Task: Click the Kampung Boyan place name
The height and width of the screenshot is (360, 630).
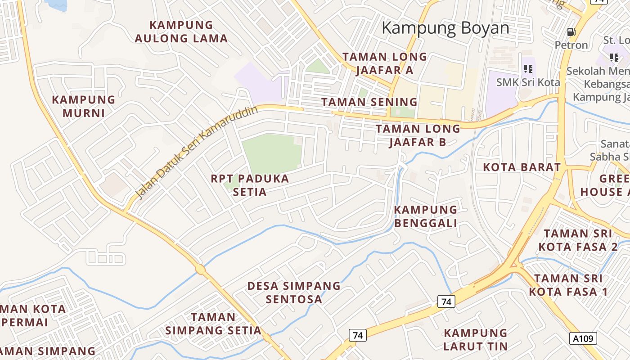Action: pyautogui.click(x=445, y=28)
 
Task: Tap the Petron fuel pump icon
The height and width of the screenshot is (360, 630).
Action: pyautogui.click(x=571, y=32)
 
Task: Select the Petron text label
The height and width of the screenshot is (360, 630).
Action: pyautogui.click(x=571, y=45)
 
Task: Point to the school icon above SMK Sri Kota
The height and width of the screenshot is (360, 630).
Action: pyautogui.click(x=528, y=69)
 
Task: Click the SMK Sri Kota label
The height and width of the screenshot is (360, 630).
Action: pyautogui.click(x=528, y=82)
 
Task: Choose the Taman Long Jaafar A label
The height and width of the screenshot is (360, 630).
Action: pyautogui.click(x=385, y=63)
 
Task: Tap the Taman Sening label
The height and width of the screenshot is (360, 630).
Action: pyautogui.click(x=369, y=102)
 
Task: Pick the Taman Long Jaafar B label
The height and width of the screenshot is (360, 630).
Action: pyautogui.click(x=418, y=135)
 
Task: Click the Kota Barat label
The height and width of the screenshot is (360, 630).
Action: pyautogui.click(x=522, y=167)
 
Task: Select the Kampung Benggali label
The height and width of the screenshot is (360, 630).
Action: pyautogui.click(x=426, y=216)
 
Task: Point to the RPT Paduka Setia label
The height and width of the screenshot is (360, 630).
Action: pyautogui.click(x=250, y=185)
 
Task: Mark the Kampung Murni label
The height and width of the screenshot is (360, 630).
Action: pyautogui.click(x=84, y=106)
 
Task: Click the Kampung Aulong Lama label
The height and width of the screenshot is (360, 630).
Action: pyautogui.click(x=181, y=31)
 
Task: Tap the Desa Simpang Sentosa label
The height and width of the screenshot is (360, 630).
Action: pyautogui.click(x=294, y=292)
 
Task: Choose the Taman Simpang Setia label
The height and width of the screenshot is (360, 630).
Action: pyautogui.click(x=213, y=324)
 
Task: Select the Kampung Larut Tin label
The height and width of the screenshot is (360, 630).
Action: pyautogui.click(x=475, y=340)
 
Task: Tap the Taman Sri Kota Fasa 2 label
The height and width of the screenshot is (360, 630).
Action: pyautogui.click(x=578, y=240)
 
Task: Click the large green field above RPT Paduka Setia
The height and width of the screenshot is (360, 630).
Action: pyautogui.click(x=271, y=153)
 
